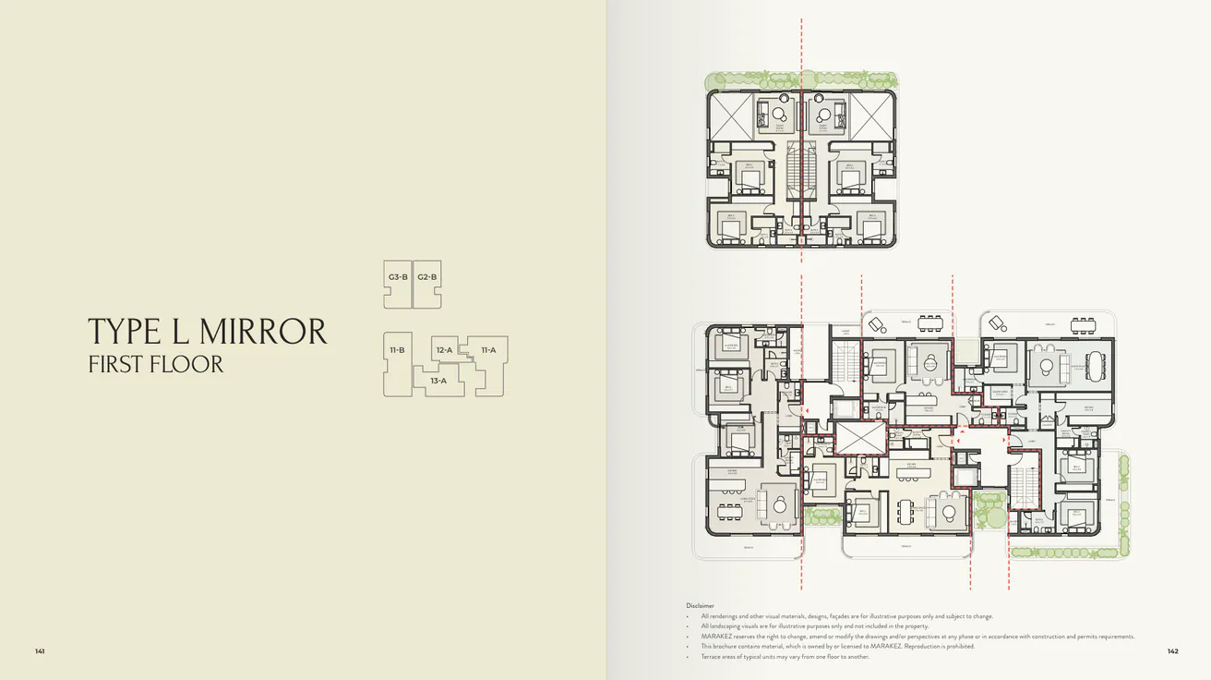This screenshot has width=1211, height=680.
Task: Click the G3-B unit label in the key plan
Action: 399,277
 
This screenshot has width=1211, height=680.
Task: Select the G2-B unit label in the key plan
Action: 426,277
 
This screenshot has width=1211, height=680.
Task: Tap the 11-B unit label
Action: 398,350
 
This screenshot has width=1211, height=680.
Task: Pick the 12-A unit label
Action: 445,350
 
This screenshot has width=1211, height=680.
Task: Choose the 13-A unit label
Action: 438,381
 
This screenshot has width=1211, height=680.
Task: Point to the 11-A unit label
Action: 488,350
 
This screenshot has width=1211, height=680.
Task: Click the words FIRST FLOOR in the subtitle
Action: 156,364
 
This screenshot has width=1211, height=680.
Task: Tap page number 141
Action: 40,651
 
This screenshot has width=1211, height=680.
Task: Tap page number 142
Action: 1172,651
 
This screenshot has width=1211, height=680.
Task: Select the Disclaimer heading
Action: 701,606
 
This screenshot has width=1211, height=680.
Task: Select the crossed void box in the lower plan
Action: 859,440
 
